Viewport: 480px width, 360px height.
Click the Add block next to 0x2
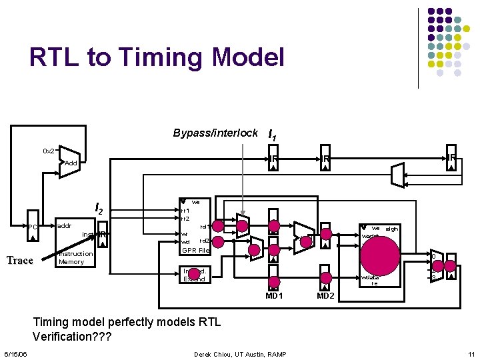[x=71, y=163]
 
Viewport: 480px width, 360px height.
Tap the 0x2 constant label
[x=48, y=151]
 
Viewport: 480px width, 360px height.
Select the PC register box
[x=33, y=228]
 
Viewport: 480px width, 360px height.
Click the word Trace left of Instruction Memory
[x=20, y=261]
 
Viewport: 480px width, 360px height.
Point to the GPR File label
[x=196, y=251]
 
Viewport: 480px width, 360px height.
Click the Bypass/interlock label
[x=215, y=133]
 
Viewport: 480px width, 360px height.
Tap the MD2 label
[x=325, y=295]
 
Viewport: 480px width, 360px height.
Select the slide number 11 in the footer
[x=471, y=354]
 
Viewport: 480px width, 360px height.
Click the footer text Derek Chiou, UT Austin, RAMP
[x=240, y=354]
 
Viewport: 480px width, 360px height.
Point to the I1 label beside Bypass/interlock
[x=272, y=135]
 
